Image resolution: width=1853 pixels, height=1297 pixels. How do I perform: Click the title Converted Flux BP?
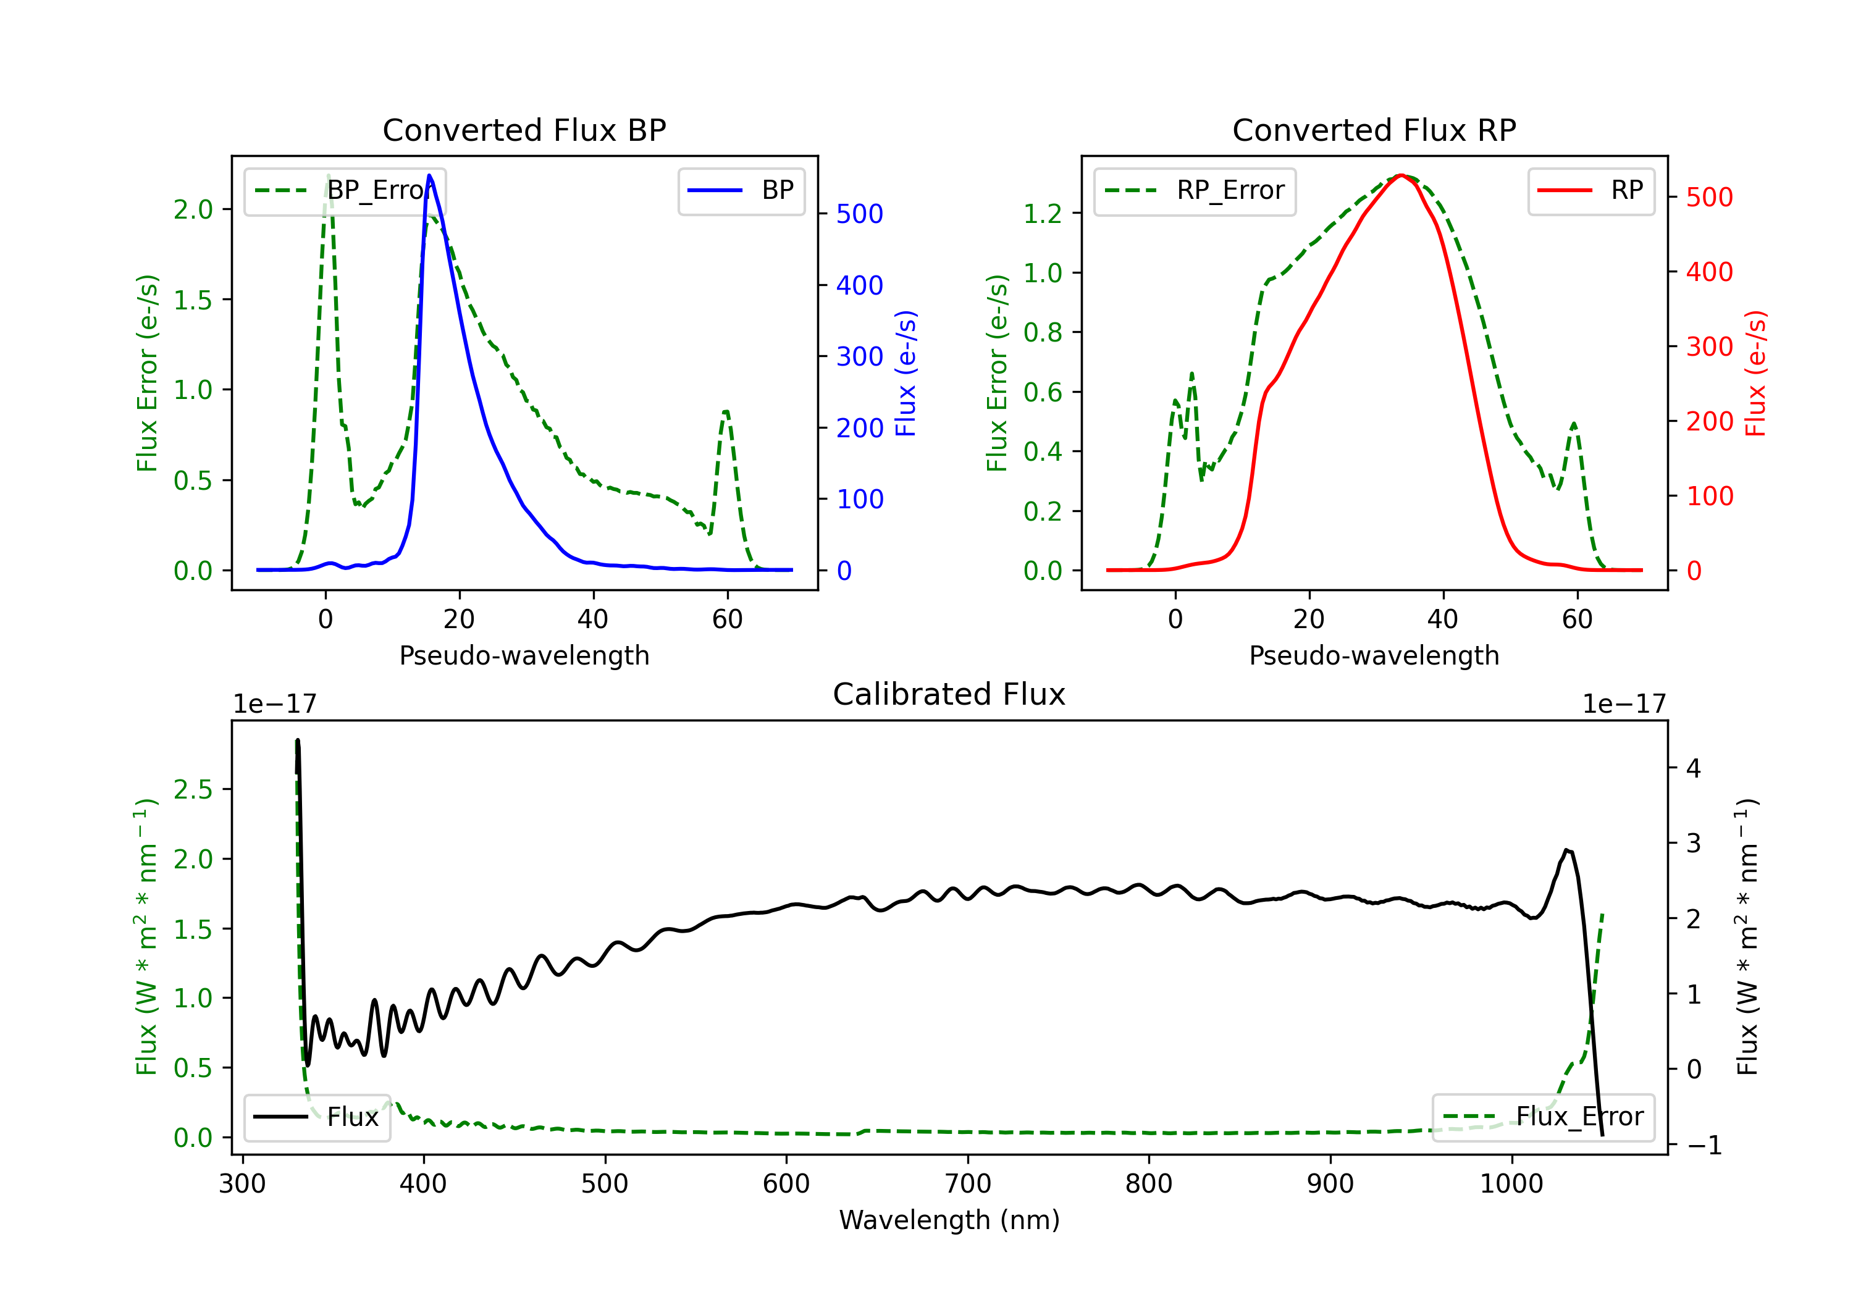[x=524, y=130]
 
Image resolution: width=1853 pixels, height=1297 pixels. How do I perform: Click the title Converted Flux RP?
[x=1374, y=130]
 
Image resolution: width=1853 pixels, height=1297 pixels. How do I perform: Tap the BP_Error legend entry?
[x=345, y=190]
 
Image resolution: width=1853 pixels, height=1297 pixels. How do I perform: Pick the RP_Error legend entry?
[x=1195, y=190]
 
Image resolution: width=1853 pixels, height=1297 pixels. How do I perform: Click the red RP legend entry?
[x=1590, y=190]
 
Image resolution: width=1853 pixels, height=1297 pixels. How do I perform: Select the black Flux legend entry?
[x=317, y=1117]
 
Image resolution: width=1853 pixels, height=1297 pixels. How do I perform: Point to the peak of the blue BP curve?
[x=429, y=175]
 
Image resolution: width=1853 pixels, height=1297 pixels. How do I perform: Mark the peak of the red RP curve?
[x=1401, y=175]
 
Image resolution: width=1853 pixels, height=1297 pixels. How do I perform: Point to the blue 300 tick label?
[x=860, y=357]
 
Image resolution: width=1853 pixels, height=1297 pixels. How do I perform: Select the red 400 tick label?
[x=1709, y=272]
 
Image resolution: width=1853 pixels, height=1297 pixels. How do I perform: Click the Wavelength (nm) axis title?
[x=949, y=1220]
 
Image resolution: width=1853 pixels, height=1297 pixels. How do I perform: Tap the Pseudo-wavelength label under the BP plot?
[x=524, y=655]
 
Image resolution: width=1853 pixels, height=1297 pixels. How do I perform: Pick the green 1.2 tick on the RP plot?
[x=1042, y=214]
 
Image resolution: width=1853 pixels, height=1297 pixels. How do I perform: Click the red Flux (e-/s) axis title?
[x=1756, y=373]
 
